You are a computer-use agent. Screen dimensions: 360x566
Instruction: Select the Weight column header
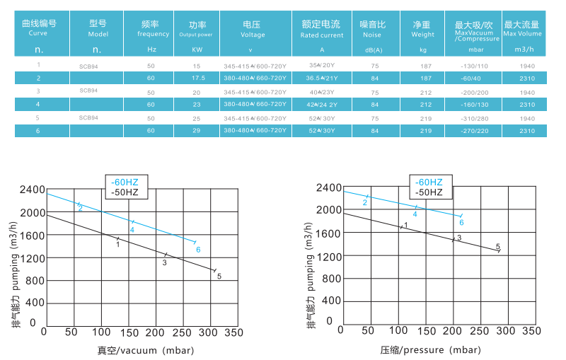click(x=422, y=28)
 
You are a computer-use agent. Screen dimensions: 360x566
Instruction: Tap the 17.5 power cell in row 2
click(x=197, y=78)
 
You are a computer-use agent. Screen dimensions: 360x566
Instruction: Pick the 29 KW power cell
click(x=197, y=131)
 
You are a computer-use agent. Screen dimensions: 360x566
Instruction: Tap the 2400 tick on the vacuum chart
click(x=31, y=190)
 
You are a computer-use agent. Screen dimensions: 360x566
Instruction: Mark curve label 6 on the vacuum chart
click(x=198, y=250)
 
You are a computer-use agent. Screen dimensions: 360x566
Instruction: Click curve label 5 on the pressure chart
click(x=497, y=247)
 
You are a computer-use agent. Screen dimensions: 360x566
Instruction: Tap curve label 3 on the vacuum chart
click(x=164, y=262)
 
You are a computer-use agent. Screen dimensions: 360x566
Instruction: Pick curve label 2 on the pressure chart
click(x=365, y=203)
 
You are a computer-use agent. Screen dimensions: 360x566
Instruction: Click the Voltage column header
click(x=253, y=28)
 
